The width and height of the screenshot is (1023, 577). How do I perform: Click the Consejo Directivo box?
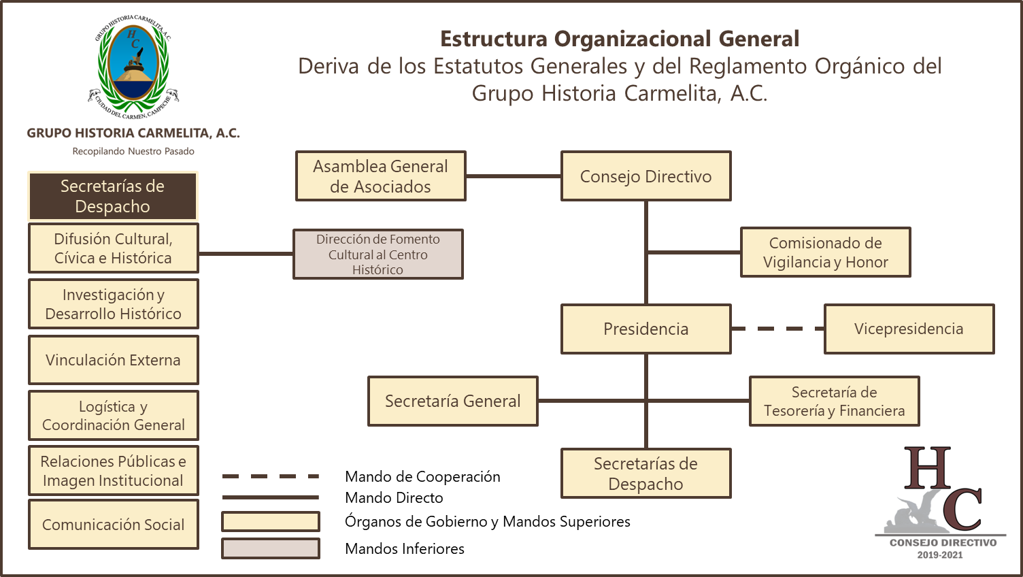(x=645, y=176)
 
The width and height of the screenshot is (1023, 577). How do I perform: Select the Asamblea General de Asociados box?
(x=380, y=176)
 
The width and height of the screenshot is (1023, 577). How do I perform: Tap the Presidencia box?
(x=645, y=329)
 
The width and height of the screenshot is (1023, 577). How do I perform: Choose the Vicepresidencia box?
(x=909, y=329)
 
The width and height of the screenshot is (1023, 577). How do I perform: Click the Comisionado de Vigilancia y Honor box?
(x=825, y=252)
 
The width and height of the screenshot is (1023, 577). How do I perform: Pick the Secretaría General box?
(x=452, y=401)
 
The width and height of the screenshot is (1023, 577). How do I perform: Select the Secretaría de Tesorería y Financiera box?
(x=834, y=401)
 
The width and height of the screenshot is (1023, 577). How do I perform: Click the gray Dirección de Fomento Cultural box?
(x=378, y=254)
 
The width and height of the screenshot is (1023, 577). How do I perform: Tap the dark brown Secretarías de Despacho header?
(x=113, y=196)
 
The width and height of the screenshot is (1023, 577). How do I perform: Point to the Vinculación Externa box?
(x=113, y=360)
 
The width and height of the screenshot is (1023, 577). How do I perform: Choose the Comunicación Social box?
(x=113, y=525)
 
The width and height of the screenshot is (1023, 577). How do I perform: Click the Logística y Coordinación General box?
(x=113, y=416)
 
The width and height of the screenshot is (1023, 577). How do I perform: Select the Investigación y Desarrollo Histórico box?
(x=113, y=304)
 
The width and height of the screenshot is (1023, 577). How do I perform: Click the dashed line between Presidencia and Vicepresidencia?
(x=777, y=329)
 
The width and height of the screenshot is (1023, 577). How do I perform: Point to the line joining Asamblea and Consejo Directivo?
(x=513, y=176)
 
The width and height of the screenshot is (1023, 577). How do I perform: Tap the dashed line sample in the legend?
(x=270, y=476)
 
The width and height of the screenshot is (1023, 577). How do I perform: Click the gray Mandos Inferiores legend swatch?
(x=270, y=548)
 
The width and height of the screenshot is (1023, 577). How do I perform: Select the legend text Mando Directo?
(x=394, y=498)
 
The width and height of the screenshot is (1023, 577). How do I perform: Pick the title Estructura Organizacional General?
(x=620, y=39)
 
